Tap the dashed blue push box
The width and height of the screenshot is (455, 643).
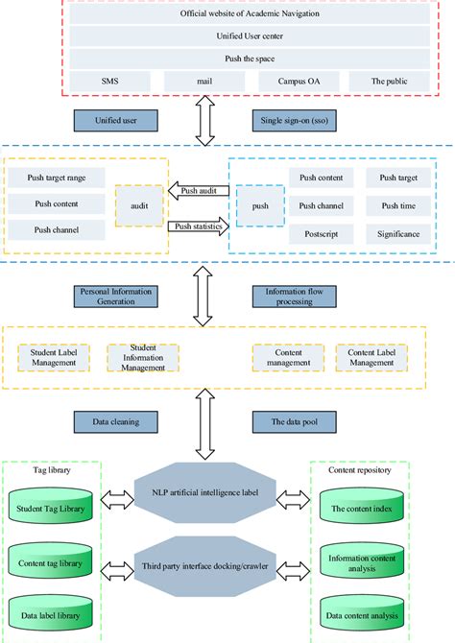click(260, 205)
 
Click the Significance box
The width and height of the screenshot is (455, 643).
click(398, 233)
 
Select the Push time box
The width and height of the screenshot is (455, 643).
click(398, 205)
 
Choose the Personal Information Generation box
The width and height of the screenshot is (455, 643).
click(114, 294)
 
